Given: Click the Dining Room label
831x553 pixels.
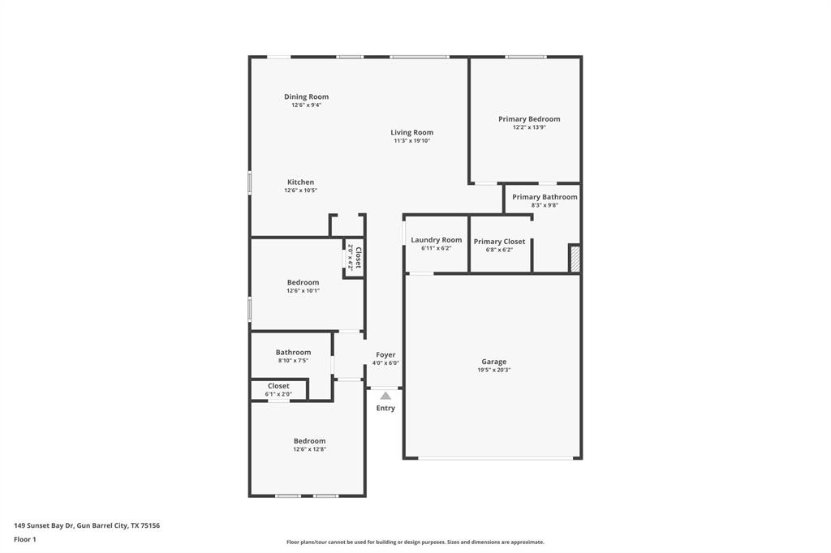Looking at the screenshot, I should [x=306, y=96].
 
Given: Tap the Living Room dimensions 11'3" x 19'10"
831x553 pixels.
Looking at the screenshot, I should [x=411, y=141].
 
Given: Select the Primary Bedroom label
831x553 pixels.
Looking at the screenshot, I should [x=529, y=119].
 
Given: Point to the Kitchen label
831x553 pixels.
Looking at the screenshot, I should [x=300, y=182].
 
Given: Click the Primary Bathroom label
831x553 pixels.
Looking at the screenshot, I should [x=545, y=197].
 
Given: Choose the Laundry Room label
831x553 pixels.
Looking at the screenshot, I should [x=436, y=240].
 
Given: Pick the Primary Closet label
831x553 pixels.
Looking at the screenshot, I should [x=499, y=242].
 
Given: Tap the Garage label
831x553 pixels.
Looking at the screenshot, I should [x=493, y=362].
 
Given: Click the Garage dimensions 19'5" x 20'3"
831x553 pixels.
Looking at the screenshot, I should [x=493, y=371].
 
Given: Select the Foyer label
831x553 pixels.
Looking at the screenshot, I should [x=385, y=355].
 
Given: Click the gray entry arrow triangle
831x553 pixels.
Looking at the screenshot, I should [x=385, y=396].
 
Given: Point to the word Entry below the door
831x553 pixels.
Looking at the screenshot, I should [x=385, y=409].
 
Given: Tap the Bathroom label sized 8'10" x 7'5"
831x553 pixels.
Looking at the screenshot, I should [x=293, y=353].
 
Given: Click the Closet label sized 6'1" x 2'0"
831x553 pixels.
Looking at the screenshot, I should [x=278, y=387].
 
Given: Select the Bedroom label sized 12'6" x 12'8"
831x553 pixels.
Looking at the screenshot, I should [x=309, y=441].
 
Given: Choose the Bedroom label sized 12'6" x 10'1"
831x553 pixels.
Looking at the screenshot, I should [x=303, y=282].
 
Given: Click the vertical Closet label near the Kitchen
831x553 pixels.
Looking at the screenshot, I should [x=357, y=257].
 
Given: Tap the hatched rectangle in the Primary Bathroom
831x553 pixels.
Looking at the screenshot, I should [x=575, y=258].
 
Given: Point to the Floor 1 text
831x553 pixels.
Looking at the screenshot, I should [x=25, y=539].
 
